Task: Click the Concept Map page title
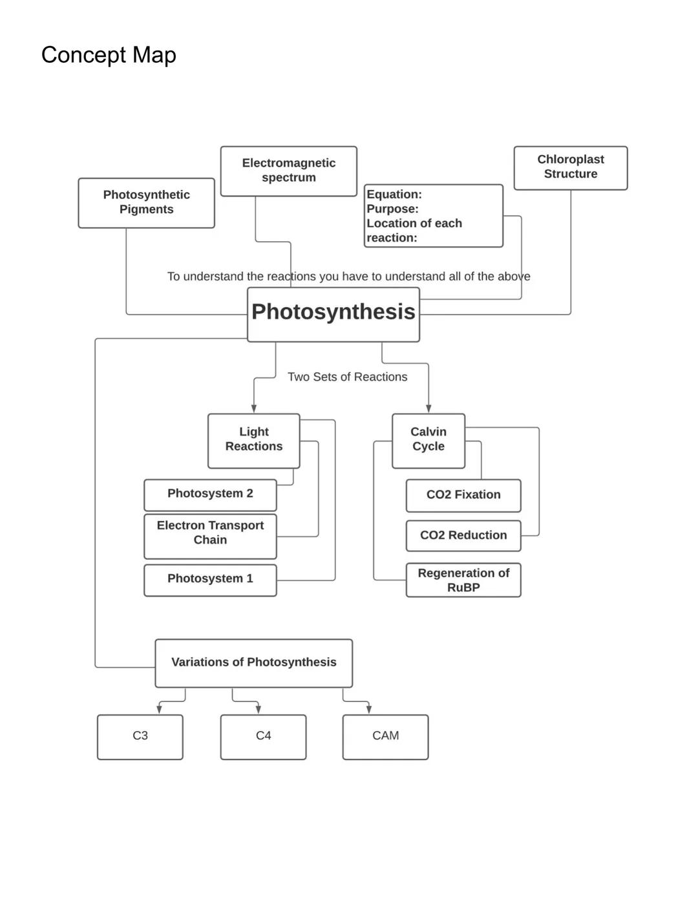pos(109,55)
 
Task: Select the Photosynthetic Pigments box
pos(146,202)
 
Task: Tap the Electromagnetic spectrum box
pos(288,171)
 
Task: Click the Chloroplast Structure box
pos(570,167)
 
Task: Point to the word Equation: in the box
pos(394,195)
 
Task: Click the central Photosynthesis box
pos(333,313)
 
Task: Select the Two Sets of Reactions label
pos(347,377)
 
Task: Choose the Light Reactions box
pos(253,440)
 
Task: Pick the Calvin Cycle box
pos(428,440)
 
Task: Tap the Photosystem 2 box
pos(210,494)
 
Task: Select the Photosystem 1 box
pos(210,579)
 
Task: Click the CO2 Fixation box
pos(463,495)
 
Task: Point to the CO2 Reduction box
pos(463,536)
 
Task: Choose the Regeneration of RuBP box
pos(463,580)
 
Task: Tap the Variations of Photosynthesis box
pos(253,663)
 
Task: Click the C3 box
pos(140,736)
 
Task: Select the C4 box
pos(263,736)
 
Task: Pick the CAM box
pos(385,736)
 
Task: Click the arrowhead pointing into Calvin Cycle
pos(428,409)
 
